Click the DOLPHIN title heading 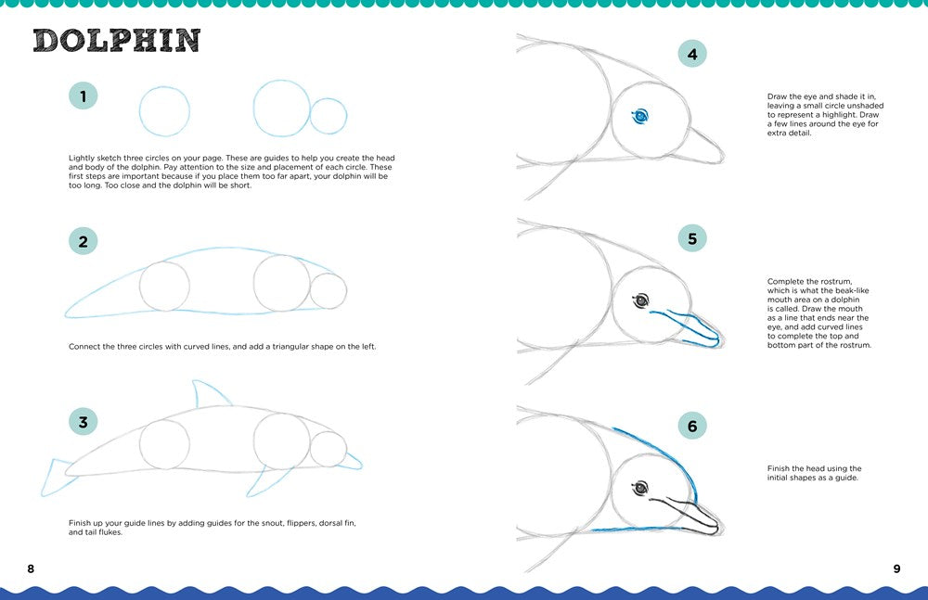pos(117,41)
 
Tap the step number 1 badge pos(84,96)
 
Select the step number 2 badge pos(84,242)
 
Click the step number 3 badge pos(84,423)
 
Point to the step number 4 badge pos(691,55)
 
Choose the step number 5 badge pos(691,238)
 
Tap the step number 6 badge pos(691,427)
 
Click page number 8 pos(31,568)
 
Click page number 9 pos(896,568)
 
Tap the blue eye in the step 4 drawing pos(639,116)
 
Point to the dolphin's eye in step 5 pos(639,300)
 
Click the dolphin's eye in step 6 pos(639,487)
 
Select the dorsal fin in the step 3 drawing pos(210,393)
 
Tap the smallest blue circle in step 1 pos(329,117)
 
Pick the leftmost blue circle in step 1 pos(164,110)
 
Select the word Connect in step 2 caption pos(84,347)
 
